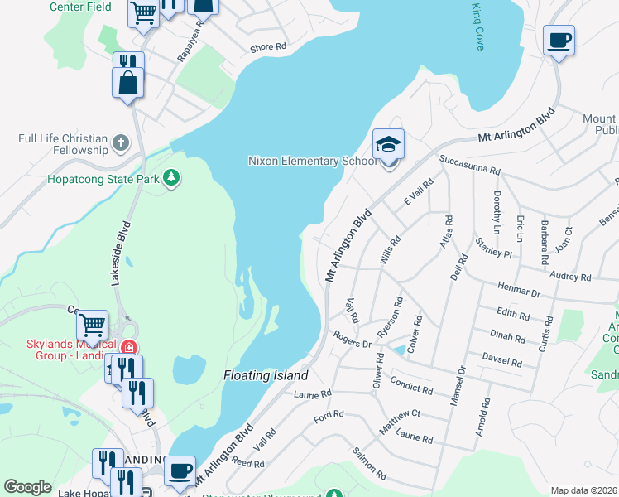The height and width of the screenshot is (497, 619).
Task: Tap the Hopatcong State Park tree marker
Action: tap(171, 177)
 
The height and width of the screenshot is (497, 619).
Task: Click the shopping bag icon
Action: tap(128, 82)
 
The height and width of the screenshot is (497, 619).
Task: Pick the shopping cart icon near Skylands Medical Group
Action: tap(92, 323)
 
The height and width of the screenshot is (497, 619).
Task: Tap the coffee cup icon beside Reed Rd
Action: tap(180, 470)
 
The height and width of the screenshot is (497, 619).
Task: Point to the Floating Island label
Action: tap(265, 375)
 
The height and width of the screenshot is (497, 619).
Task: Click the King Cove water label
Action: tap(477, 27)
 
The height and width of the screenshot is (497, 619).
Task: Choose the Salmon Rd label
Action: tap(369, 464)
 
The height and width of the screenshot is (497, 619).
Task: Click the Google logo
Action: tap(27, 487)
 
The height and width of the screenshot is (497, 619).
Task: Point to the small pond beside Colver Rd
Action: tap(400, 350)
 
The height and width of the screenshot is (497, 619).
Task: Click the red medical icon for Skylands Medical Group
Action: tap(127, 347)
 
